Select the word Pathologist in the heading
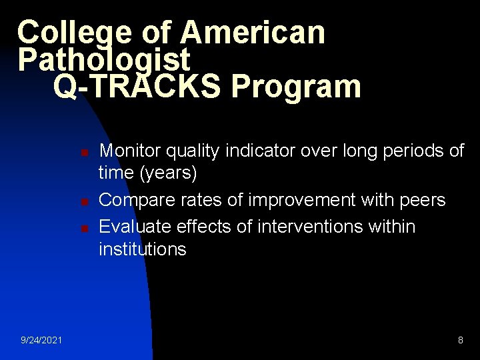click(104, 60)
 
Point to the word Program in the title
click(293, 87)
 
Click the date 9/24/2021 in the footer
click(41, 341)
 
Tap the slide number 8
click(461, 341)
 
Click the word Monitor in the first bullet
click(131, 151)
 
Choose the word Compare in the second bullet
click(136, 200)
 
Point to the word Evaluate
click(135, 227)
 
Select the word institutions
click(143, 249)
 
